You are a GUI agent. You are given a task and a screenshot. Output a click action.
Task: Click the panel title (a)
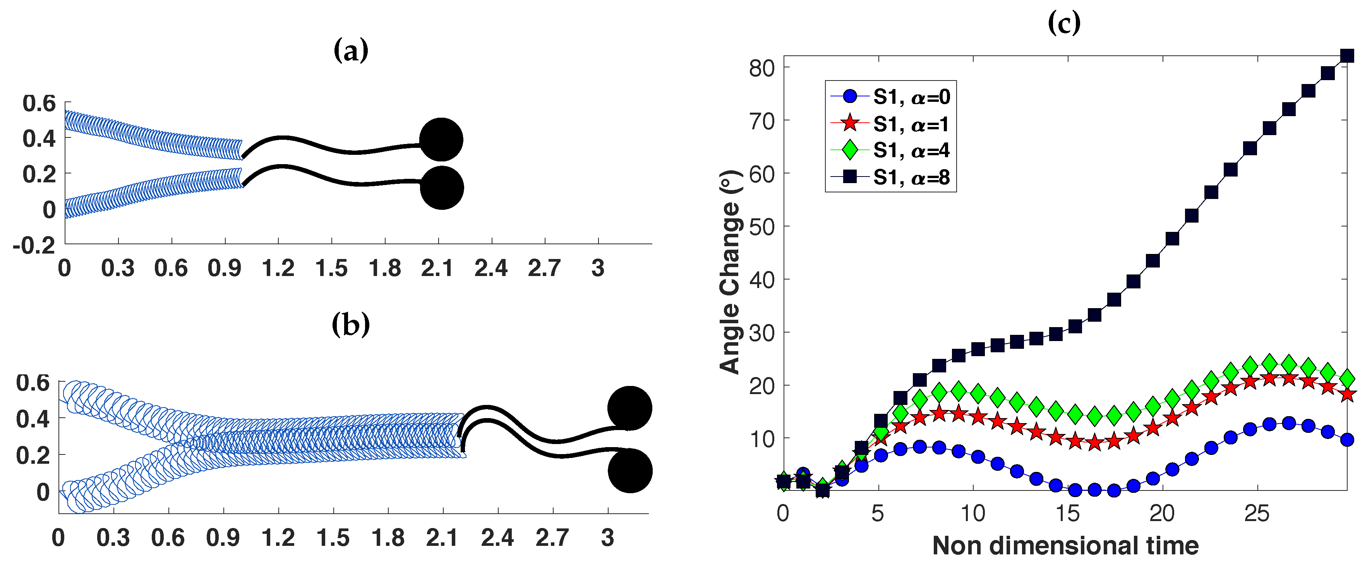point(350,51)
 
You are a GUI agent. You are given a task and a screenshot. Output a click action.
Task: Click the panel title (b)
point(350,324)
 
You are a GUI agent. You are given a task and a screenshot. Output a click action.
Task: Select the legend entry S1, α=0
point(911,97)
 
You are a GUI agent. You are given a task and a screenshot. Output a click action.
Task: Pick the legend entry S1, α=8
point(911,177)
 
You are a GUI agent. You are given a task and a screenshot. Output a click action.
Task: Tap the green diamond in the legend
point(851,150)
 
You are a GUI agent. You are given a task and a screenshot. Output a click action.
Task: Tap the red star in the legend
point(851,123)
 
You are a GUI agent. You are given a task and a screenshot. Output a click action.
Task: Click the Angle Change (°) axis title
point(730,272)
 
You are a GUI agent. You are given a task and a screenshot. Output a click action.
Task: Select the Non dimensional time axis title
point(1065,546)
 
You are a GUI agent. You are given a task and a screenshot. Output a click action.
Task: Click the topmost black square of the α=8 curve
point(1347,56)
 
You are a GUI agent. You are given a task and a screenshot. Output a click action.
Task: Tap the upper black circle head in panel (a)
point(441,139)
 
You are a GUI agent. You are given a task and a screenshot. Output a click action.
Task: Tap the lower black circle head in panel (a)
point(442,187)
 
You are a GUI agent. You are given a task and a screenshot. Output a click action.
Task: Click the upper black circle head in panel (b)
point(629,408)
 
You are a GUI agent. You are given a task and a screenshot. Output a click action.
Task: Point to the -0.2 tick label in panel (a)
point(34,245)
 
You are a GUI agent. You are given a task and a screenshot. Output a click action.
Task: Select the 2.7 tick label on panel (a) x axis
point(544,268)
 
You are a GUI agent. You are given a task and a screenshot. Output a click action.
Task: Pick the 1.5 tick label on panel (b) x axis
point(333,538)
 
